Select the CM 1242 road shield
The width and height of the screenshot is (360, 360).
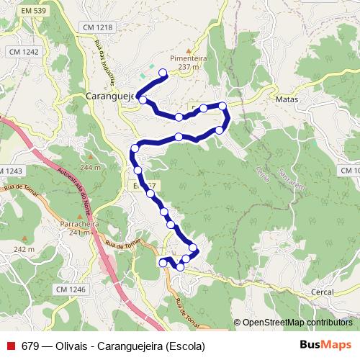[x=23, y=52]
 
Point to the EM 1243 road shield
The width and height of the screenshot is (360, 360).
[x=12, y=171]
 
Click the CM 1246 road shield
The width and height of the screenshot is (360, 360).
[x=70, y=289]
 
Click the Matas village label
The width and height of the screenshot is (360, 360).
[x=286, y=99]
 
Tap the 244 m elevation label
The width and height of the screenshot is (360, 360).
[x=91, y=168]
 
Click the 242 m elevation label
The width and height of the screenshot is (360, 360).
[x=24, y=249]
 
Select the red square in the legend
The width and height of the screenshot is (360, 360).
[x=10, y=345]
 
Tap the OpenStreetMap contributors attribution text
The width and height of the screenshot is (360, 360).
[x=297, y=323]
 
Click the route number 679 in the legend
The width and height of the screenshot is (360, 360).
[x=30, y=345]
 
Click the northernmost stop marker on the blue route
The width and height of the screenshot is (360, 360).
[x=163, y=72]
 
